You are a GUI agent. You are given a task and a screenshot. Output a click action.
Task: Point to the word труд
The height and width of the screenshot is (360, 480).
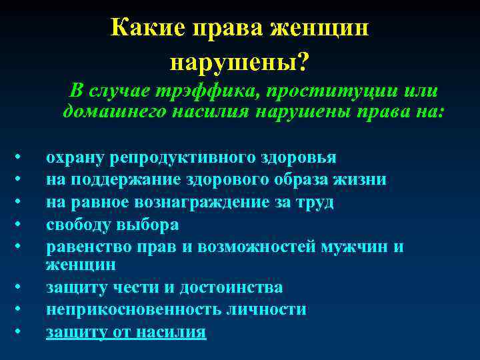317,202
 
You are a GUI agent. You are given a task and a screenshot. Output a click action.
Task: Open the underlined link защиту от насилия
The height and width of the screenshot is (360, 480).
126,331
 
